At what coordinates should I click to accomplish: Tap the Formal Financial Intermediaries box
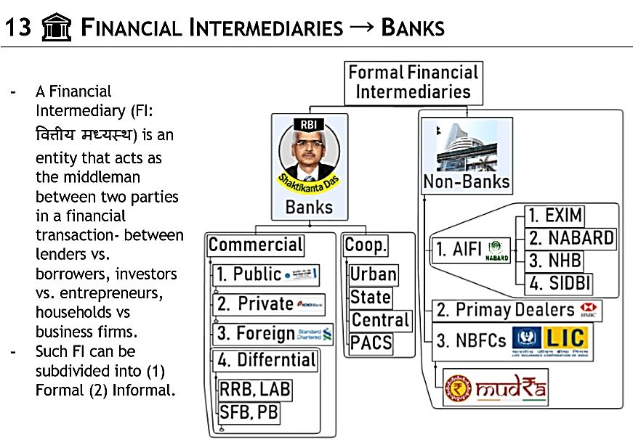[413, 82]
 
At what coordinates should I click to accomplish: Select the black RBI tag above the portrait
[308, 124]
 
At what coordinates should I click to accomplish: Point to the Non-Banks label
[467, 181]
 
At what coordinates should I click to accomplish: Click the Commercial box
[256, 245]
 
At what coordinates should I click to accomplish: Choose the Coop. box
[366, 245]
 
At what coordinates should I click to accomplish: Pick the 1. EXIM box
[555, 216]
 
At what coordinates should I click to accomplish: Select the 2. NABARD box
[570, 238]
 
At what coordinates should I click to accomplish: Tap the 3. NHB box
[555, 260]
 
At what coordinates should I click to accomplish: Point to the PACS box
[371, 343]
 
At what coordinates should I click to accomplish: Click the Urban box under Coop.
[374, 274]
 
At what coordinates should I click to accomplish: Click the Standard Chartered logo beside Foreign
[315, 334]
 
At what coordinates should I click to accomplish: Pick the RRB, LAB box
[255, 390]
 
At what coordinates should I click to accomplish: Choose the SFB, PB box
[249, 413]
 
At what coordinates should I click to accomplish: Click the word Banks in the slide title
[412, 28]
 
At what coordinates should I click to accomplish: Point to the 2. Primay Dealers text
[504, 311]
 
